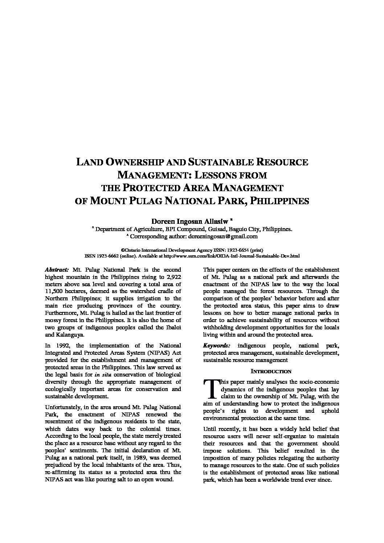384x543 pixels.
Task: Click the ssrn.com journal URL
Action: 232,256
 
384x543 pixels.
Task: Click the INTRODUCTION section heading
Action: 271,371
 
